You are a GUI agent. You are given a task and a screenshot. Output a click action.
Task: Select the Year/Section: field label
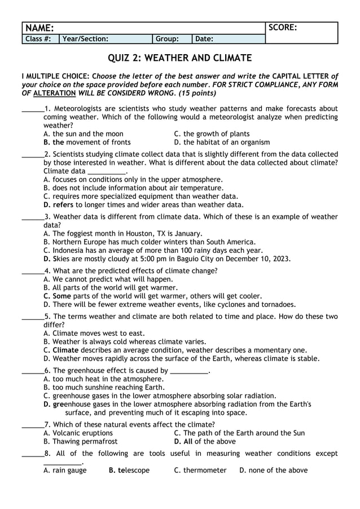tap(86, 39)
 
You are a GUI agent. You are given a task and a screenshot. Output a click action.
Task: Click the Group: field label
tap(167, 39)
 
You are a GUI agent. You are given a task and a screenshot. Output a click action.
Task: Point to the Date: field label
tap(204, 39)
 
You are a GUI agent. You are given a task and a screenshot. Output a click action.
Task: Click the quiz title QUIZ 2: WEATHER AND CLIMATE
tap(179, 58)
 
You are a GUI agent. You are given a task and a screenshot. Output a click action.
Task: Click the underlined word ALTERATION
tap(55, 93)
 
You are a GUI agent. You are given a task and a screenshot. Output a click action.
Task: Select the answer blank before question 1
tap(32, 109)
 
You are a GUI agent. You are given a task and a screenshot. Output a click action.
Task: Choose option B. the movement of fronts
tap(87, 142)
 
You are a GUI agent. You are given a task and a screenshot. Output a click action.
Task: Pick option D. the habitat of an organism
tap(222, 142)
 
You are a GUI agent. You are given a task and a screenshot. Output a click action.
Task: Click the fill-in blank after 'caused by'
tap(190, 371)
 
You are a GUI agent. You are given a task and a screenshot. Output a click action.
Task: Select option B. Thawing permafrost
tap(81, 442)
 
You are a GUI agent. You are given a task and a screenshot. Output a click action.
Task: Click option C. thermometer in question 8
tap(200, 470)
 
